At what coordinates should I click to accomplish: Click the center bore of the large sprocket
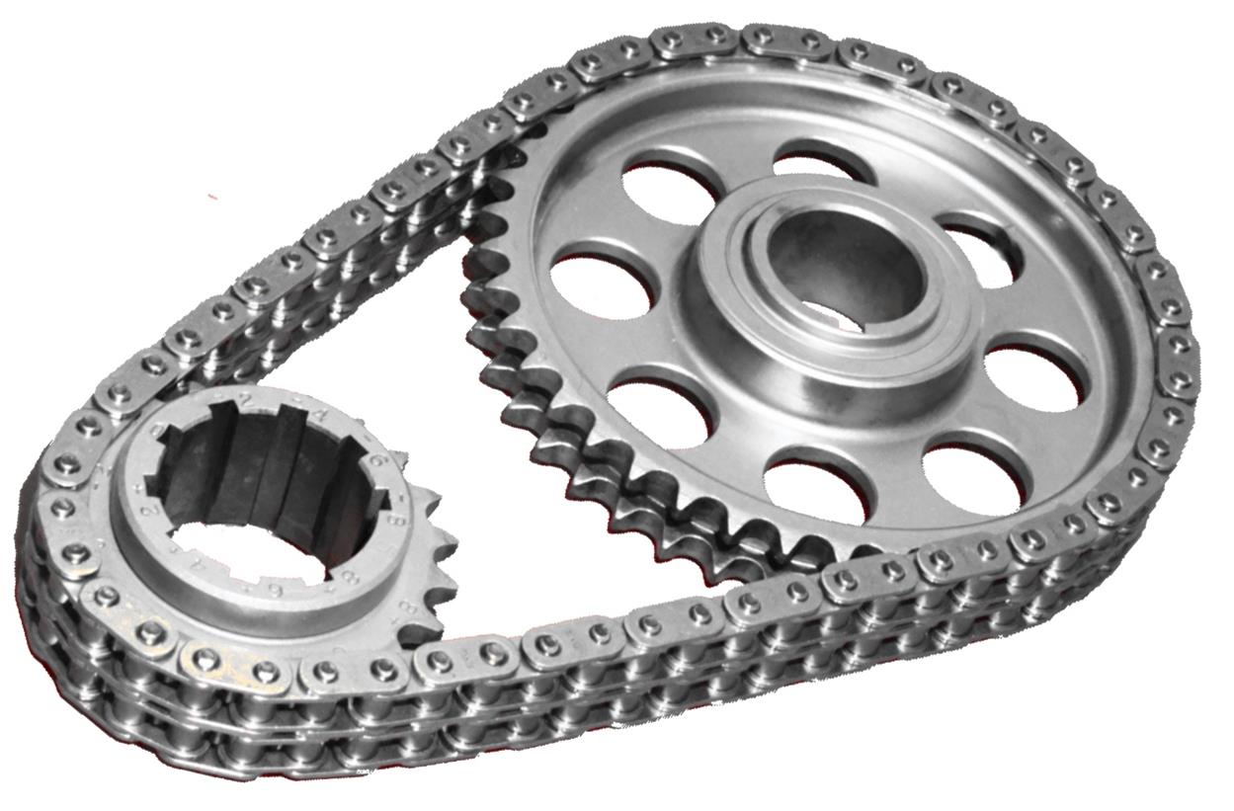pos(845,267)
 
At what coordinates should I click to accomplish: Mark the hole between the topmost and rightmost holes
pos(978,252)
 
